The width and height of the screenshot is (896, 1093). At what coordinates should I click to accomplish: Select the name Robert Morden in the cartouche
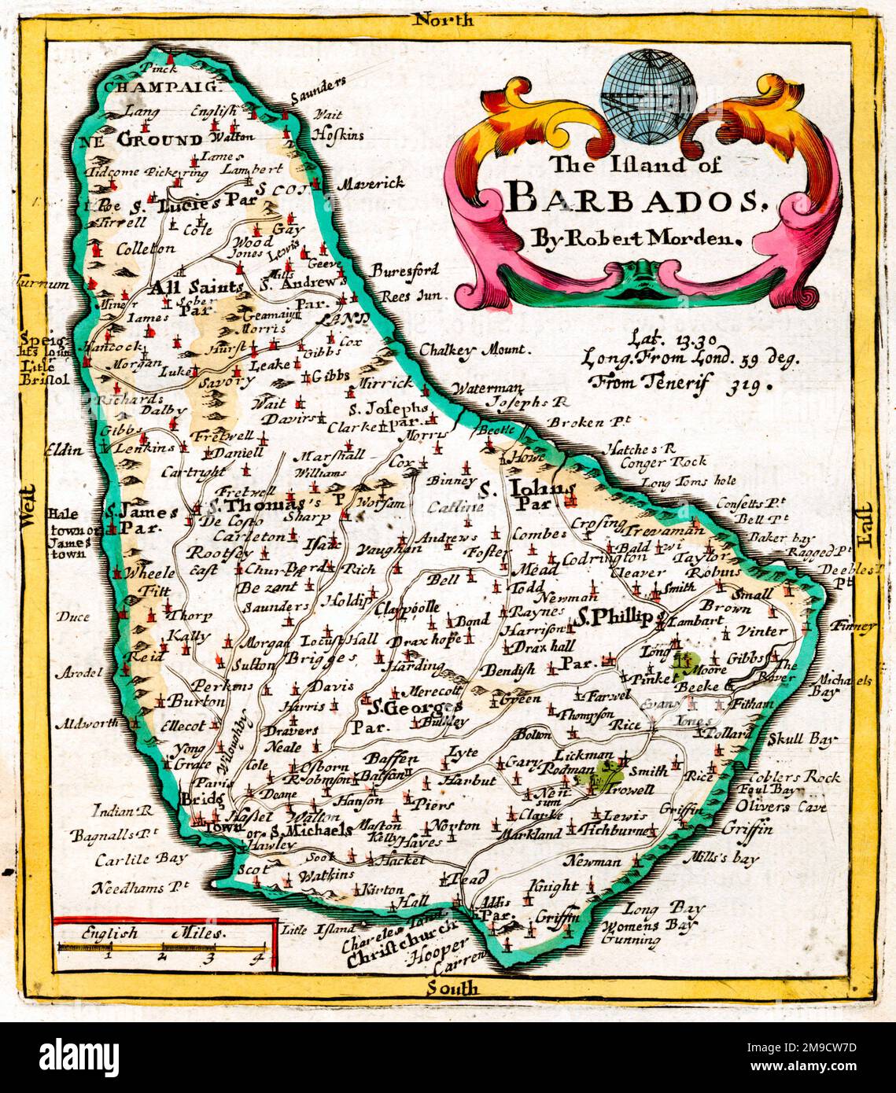651,237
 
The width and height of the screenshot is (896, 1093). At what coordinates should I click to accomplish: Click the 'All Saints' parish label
193,288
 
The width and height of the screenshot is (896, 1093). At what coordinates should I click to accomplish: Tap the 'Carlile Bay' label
142,859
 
